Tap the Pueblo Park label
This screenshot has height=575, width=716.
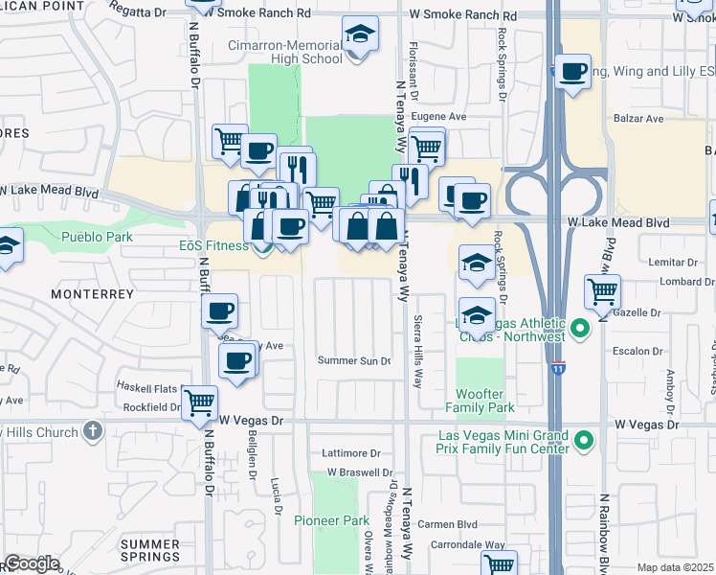(93, 237)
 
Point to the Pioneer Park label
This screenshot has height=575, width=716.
(343, 520)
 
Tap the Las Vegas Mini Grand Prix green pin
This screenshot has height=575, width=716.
(581, 441)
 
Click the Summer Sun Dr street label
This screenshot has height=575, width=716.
(354, 360)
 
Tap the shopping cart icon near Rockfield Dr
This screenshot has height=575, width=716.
(199, 401)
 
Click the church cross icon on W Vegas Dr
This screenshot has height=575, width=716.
(91, 431)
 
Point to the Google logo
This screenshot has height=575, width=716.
(31, 563)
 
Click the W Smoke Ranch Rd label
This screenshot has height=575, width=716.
(259, 14)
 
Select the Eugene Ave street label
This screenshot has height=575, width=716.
(437, 117)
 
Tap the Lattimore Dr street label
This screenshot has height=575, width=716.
(351, 453)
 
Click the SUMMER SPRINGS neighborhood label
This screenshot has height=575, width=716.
(149, 550)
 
